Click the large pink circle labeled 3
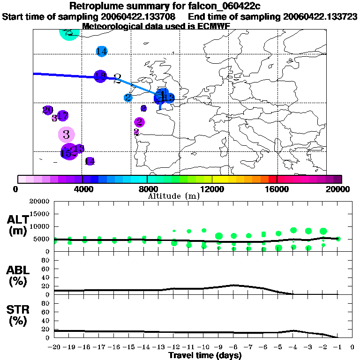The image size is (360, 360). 66,135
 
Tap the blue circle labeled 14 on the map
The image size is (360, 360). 101,51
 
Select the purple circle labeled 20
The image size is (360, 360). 47,110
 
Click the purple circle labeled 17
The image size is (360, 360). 62,115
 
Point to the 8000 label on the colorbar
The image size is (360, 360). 147,189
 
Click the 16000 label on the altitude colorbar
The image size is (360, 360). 277,189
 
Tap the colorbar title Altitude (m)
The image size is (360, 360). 173,195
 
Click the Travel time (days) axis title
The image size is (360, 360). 205,356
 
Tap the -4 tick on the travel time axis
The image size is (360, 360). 292,347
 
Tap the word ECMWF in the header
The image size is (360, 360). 214,26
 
